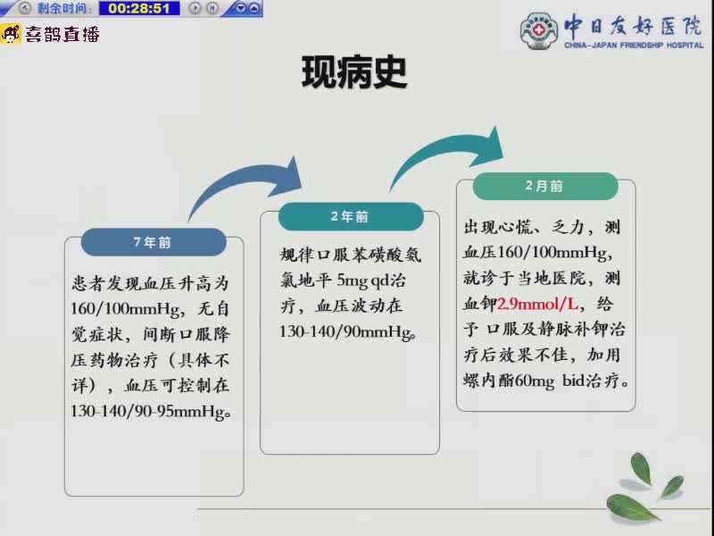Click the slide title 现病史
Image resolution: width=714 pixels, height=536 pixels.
pos(353,72)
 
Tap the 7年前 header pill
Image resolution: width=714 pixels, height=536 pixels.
pos(154,242)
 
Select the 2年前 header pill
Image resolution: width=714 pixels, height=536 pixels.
pos(351,216)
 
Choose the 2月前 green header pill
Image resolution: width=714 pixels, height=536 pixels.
pos(545,186)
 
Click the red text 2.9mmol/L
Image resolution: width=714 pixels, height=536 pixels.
pos(537,304)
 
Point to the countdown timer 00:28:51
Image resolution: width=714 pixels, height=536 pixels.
pos(139,8)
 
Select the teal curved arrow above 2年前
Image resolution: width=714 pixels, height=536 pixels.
pos(446,155)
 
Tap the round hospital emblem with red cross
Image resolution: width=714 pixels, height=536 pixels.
pos(539,30)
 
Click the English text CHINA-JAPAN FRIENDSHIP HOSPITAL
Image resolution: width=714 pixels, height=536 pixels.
pos(634,46)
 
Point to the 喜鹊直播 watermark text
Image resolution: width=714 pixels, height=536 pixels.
pos(62,34)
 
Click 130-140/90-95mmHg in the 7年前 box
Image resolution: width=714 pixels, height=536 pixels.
pos(149,412)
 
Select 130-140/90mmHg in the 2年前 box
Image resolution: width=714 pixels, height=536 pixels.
pos(346,331)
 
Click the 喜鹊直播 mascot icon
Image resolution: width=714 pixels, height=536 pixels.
pos(11,34)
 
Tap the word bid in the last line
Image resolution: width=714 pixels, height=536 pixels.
pos(573,380)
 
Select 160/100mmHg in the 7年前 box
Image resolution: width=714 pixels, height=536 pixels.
pos(126,309)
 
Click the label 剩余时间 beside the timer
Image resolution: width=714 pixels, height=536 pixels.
pos(63,8)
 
